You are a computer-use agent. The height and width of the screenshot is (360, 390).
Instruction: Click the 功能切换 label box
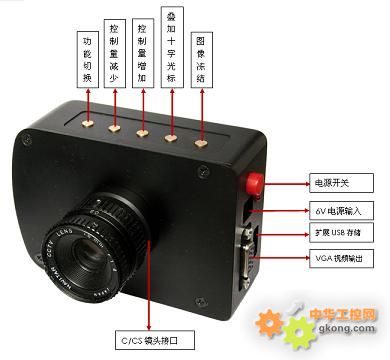click(x=87, y=47)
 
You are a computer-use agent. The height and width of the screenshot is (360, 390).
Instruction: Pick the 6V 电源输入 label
click(x=340, y=212)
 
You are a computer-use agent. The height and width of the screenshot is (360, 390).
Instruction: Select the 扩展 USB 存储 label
click(x=340, y=233)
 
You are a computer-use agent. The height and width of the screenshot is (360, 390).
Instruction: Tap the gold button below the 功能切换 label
click(x=88, y=122)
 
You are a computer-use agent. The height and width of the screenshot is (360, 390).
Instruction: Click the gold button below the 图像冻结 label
click(x=201, y=143)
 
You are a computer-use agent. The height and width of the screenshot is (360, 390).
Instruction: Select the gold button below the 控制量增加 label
click(x=143, y=132)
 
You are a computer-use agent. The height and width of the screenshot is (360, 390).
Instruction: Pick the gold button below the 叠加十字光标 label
click(x=172, y=137)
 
